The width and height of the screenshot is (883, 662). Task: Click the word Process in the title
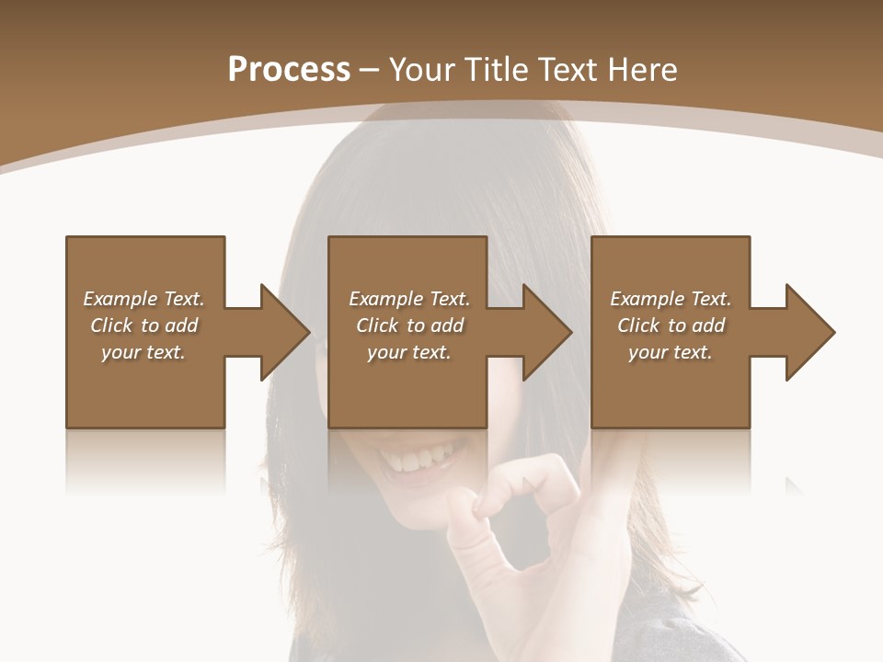pos(289,70)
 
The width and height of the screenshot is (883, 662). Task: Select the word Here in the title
pos(644,70)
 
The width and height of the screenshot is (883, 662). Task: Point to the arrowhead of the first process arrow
pos(285,332)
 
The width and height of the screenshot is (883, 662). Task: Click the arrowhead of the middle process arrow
pos(548,332)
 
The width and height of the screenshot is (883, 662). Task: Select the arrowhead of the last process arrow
pos(810,332)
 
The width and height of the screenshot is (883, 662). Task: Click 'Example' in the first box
pos(120,299)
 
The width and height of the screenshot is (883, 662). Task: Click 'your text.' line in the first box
pos(143,352)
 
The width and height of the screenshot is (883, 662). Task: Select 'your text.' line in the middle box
pos(408,352)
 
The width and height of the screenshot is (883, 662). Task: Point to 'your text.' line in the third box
pos(670,352)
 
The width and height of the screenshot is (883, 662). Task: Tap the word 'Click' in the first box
pos(111,325)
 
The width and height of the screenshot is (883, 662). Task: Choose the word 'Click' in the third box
pos(639,325)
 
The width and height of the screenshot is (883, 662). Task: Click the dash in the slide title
pos(369,71)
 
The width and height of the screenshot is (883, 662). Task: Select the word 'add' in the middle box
pos(447,325)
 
